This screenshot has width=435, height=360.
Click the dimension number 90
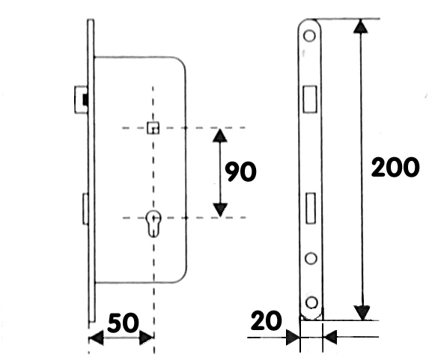[x=240, y=172]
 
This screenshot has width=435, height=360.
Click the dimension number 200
[x=395, y=167]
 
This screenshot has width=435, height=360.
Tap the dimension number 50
[x=123, y=323]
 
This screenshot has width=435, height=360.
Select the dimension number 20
[x=267, y=320]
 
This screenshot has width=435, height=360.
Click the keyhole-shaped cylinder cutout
[x=153, y=224]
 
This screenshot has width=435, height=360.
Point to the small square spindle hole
[x=153, y=127]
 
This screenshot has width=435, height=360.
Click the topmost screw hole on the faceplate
[x=309, y=35]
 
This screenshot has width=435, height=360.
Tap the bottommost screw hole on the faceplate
[x=311, y=302]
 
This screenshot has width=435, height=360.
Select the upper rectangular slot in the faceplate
[x=310, y=99]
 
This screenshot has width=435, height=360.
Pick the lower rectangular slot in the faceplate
[x=311, y=208]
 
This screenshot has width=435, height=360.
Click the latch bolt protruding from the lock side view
[x=81, y=100]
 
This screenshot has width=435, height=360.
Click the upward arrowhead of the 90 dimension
[x=220, y=136]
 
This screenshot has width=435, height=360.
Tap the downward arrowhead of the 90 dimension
[x=220, y=210]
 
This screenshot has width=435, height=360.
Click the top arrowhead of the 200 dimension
[x=360, y=26]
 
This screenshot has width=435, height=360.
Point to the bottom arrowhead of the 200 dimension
[x=362, y=313]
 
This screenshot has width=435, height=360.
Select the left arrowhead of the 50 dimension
[x=97, y=338]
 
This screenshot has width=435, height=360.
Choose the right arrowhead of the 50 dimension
[x=146, y=338]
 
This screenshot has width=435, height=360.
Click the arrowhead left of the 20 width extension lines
[x=293, y=338]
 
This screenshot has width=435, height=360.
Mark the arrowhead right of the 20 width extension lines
[x=330, y=338]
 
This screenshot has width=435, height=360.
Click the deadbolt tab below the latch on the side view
[x=85, y=208]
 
